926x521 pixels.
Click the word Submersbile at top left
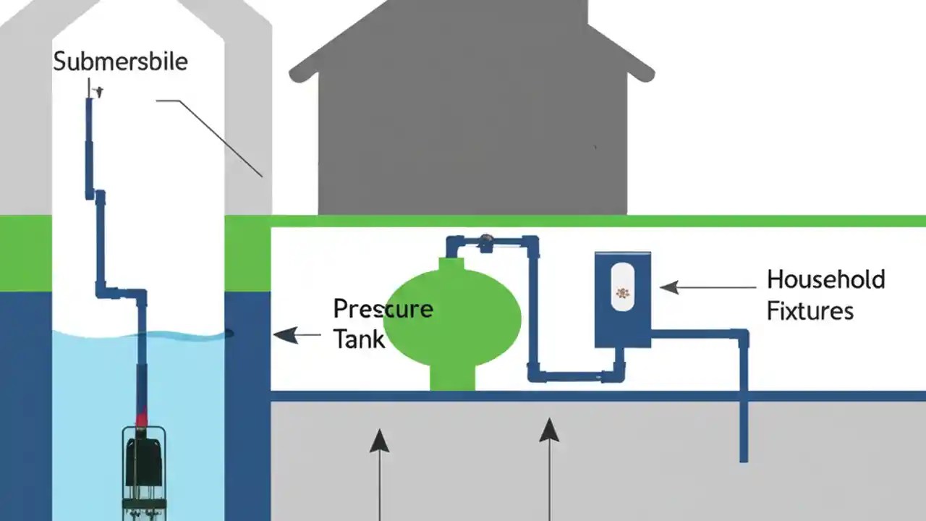120,62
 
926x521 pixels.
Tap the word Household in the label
825,279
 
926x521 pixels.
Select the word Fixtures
810,311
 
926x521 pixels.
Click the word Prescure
383,309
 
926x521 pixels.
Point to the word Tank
358,339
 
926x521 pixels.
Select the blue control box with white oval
622,300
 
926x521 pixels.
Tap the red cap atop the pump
142,418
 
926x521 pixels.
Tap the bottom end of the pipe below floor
743,457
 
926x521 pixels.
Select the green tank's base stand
452,378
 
